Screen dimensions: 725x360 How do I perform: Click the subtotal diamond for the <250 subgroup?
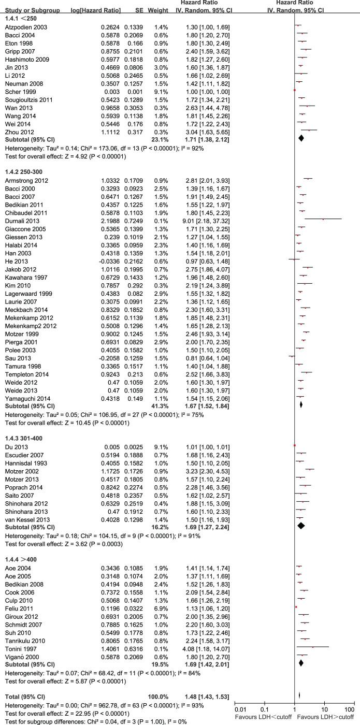point(301,138)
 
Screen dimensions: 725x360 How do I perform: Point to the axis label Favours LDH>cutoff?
point(332,714)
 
